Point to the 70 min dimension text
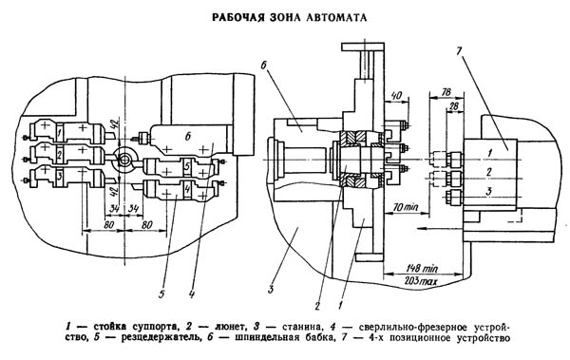pyautogui.click(x=406, y=208)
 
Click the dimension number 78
pyautogui.click(x=446, y=92)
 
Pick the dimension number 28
pyautogui.click(x=454, y=106)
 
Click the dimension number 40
pyautogui.click(x=397, y=95)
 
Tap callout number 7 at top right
pyautogui.click(x=458, y=50)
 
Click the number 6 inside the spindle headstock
pyautogui.click(x=188, y=137)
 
